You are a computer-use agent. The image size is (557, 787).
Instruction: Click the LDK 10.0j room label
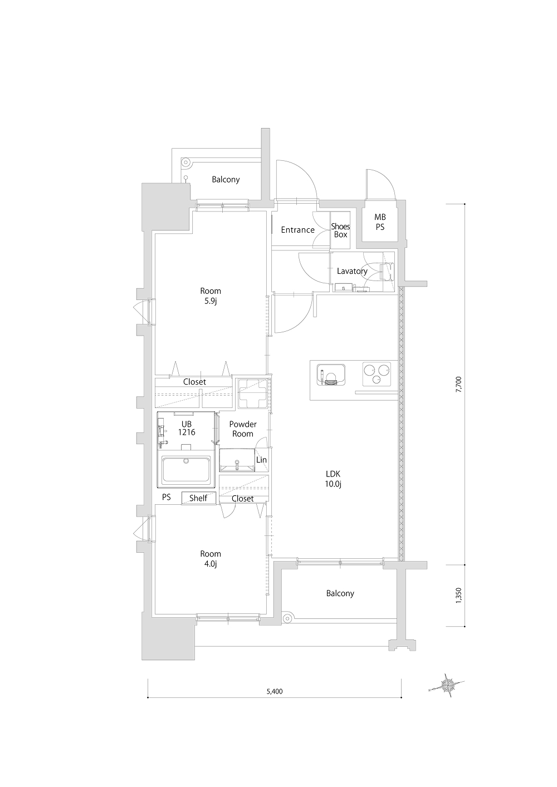pyautogui.click(x=333, y=479)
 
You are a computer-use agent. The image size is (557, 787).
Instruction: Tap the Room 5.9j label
pyautogui.click(x=211, y=296)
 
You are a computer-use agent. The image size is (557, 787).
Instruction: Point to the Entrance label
pyautogui.click(x=297, y=230)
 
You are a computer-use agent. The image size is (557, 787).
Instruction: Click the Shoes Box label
pyautogui.click(x=340, y=230)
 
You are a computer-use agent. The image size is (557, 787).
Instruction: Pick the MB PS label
pyautogui.click(x=380, y=223)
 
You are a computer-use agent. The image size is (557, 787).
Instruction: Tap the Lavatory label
pyautogui.click(x=352, y=271)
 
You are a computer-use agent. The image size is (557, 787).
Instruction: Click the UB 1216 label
pyautogui.click(x=187, y=428)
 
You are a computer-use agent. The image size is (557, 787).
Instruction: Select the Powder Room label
pyautogui.click(x=243, y=429)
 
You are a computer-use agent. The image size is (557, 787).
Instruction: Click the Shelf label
pyautogui.click(x=198, y=498)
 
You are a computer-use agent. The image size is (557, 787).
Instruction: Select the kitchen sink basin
pyautogui.click(x=330, y=375)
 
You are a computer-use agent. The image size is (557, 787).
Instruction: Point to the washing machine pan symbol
pyautogui.click(x=252, y=393)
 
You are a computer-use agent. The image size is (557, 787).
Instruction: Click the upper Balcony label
pyautogui.click(x=226, y=180)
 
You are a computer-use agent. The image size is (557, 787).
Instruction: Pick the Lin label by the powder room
pyautogui.click(x=261, y=460)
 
